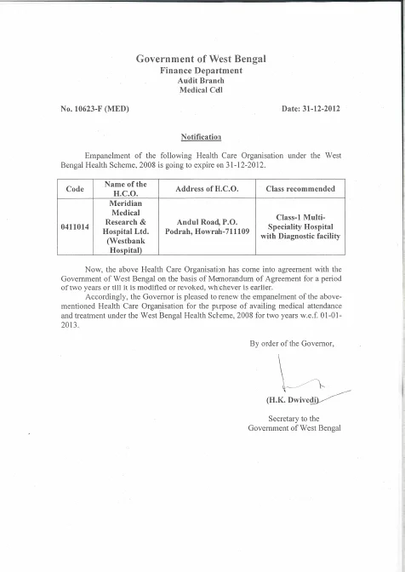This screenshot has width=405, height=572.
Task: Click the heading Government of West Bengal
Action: point(202,58)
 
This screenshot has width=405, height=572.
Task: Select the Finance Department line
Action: point(202,70)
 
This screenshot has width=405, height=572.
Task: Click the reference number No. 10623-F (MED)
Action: point(94,110)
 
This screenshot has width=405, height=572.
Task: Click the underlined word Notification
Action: point(202,136)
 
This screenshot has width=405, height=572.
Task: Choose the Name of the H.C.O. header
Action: point(125,188)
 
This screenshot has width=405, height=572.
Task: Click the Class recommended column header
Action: point(300,189)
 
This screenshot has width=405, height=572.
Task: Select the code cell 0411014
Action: point(76,228)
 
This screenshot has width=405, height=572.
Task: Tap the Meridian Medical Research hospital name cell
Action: point(125,228)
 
